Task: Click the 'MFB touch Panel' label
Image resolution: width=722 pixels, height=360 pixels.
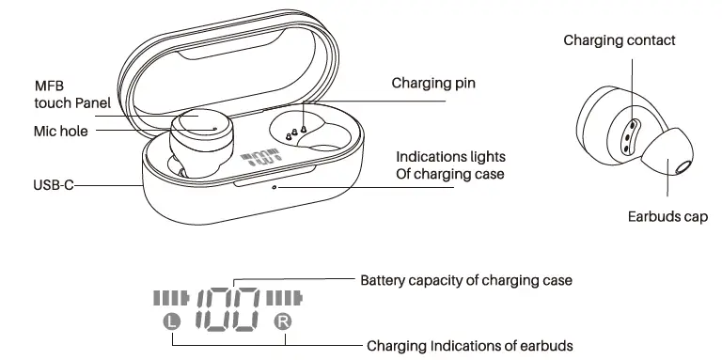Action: (x=72, y=94)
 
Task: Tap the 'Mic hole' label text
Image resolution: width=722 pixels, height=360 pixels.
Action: (x=61, y=132)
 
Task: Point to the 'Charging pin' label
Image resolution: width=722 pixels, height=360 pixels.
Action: (x=433, y=84)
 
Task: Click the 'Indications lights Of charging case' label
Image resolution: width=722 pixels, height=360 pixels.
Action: (x=450, y=164)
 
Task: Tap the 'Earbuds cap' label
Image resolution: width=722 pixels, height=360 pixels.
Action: (x=667, y=217)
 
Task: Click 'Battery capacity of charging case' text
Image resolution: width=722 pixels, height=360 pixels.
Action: (x=466, y=280)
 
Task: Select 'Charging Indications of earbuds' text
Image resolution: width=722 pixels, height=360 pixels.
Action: (x=469, y=345)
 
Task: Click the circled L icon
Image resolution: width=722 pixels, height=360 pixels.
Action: (x=170, y=321)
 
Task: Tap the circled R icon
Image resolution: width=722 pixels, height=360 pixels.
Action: (x=283, y=322)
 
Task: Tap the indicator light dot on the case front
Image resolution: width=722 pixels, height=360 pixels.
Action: (x=274, y=186)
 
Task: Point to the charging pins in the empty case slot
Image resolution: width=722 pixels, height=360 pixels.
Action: (x=293, y=133)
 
